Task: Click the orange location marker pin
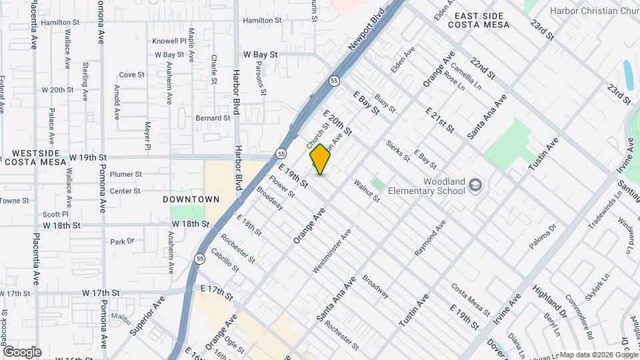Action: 321,159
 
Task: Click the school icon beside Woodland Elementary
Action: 475,184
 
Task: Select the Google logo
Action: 22,351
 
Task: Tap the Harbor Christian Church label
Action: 593,11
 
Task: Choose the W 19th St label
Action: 88,157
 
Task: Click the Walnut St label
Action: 367,190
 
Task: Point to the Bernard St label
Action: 213,118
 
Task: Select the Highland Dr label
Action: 549,300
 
